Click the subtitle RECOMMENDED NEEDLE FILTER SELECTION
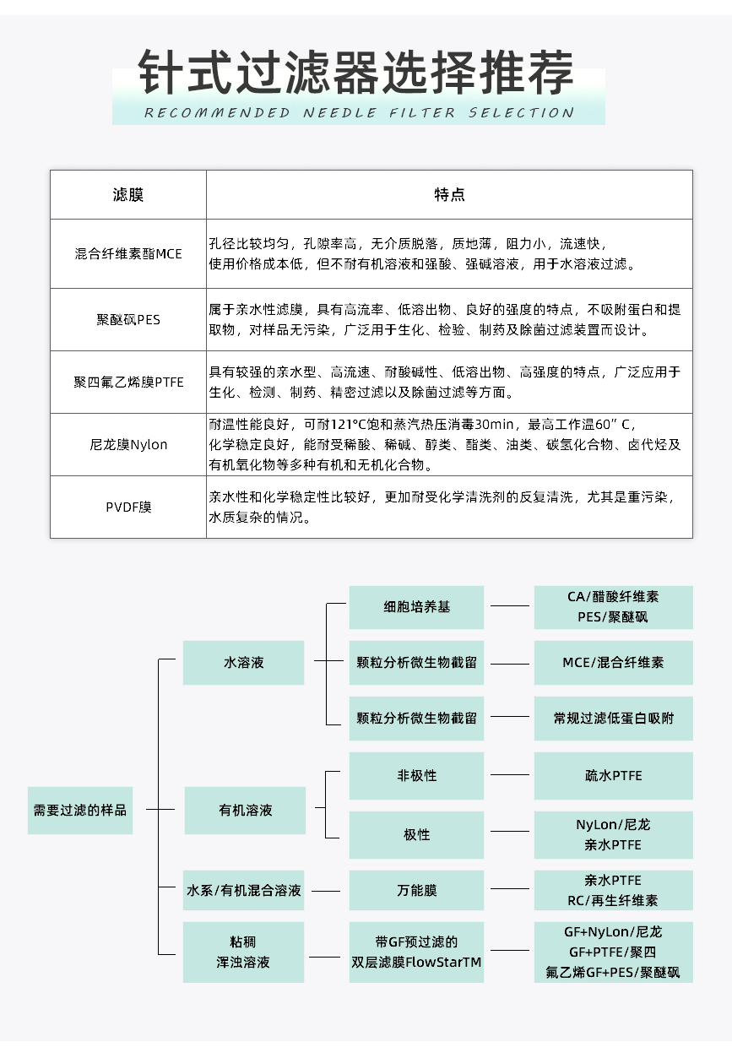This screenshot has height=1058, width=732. (358, 113)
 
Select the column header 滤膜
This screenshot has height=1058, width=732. (128, 195)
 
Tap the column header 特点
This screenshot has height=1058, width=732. (449, 195)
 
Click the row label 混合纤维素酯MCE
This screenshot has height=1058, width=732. (128, 254)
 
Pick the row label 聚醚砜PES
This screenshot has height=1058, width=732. (128, 320)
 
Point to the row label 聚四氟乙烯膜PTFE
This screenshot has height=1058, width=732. (128, 383)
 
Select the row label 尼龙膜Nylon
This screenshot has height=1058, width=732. (128, 445)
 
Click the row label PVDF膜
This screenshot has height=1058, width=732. (128, 507)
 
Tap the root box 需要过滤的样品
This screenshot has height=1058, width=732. (80, 810)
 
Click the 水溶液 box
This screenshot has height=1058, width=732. (243, 663)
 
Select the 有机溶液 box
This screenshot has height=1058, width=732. (245, 811)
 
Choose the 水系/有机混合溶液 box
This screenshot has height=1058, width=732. (243, 891)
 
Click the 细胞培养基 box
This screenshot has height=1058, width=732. (416, 607)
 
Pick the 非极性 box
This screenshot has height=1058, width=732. (416, 776)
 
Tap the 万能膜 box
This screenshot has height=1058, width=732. (416, 891)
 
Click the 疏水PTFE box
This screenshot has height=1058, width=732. (613, 776)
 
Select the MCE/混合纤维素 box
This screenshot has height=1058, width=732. (613, 663)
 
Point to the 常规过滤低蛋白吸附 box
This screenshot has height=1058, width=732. (613, 719)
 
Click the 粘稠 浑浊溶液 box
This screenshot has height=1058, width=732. (243, 952)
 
